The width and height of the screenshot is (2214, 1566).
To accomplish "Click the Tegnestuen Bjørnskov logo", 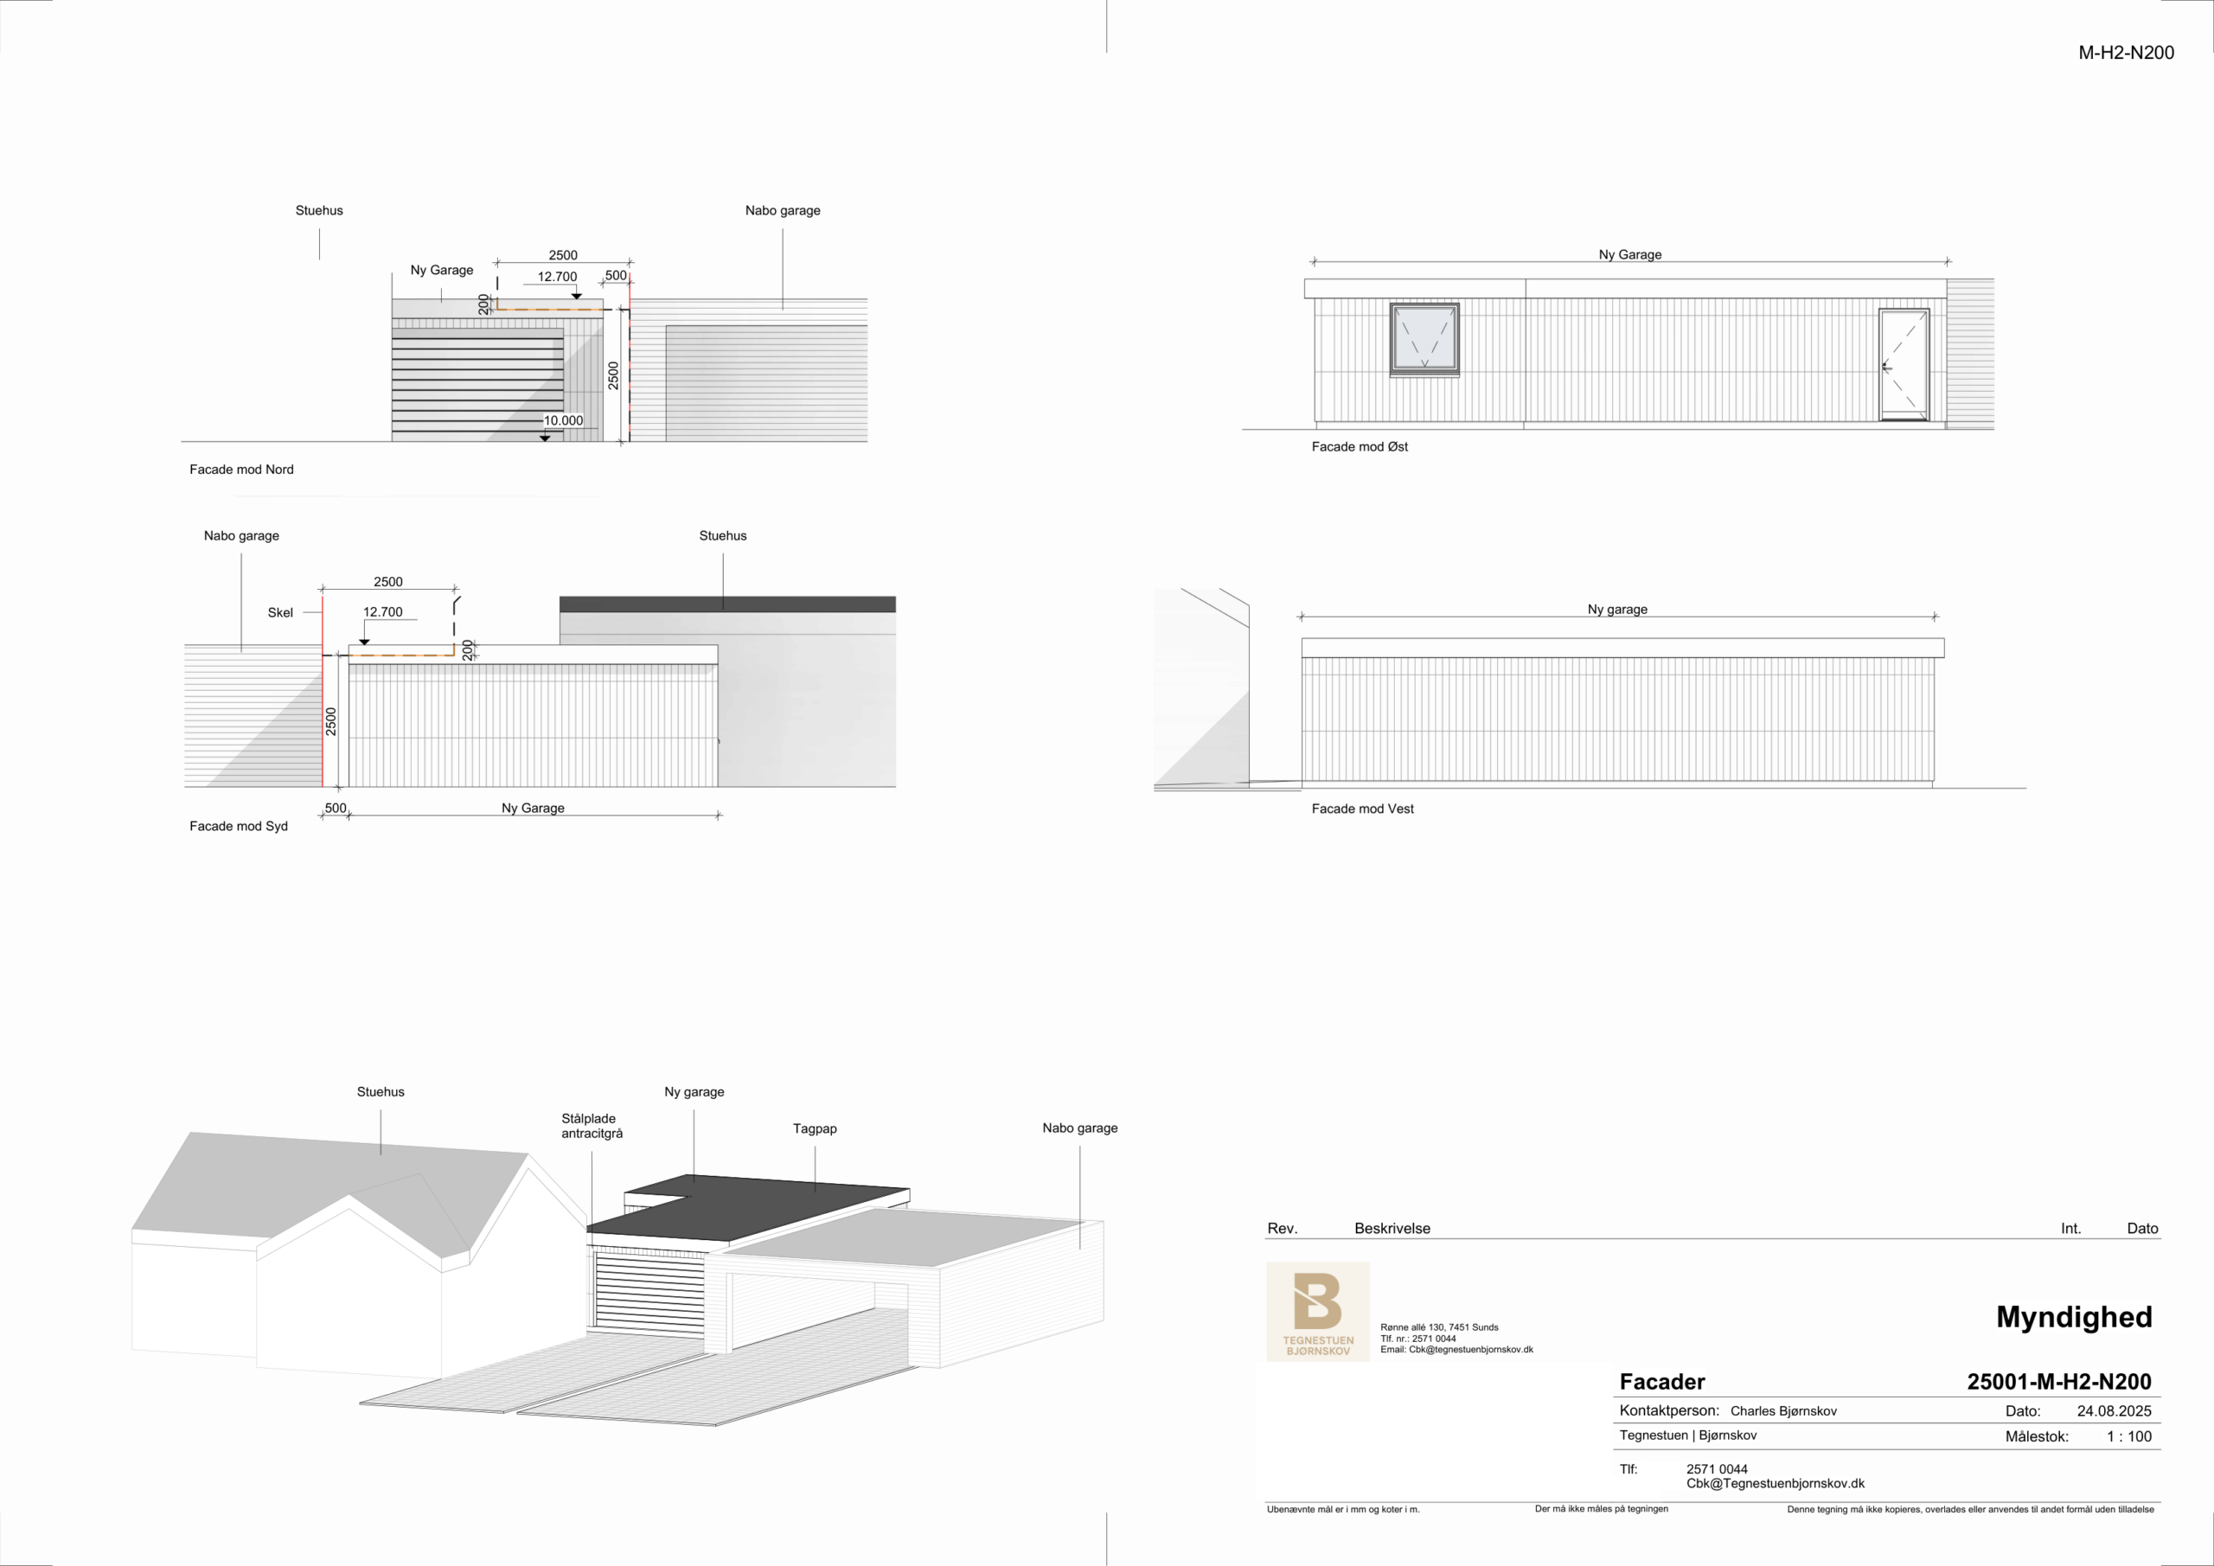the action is coord(1317,1312).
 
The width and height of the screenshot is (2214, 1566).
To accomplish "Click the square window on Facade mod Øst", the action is coord(1424,340).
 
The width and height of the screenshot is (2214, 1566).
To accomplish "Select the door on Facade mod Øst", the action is coord(1904,365).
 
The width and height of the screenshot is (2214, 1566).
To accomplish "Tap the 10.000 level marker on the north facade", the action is coord(563,420).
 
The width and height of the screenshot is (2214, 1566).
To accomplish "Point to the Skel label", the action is coord(280,612).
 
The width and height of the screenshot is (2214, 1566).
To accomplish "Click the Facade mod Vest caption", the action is coord(1362,809).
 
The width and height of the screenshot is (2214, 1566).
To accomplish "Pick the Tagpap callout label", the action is coord(815,1128).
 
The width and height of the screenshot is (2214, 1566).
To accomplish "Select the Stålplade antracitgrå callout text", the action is coord(592,1126).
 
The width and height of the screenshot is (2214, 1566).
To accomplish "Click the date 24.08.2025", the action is coord(2114,1410).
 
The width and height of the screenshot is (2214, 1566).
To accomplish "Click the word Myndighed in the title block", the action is coord(2074,1317).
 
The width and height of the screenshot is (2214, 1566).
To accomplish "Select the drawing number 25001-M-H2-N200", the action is coord(2058,1382).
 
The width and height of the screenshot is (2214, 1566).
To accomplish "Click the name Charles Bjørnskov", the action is coord(1783,1410).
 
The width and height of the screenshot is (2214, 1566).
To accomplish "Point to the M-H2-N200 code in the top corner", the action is coord(2127,53).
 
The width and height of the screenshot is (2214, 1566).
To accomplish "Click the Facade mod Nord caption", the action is coord(241,470).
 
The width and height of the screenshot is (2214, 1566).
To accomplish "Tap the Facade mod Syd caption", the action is coord(238,827).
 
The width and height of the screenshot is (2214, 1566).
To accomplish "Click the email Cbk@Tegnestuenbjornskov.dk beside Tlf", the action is coord(1776,1484).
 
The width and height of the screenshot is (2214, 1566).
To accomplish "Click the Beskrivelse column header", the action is coord(1392,1229).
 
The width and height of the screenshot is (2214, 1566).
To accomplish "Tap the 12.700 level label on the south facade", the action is coord(383,612).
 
